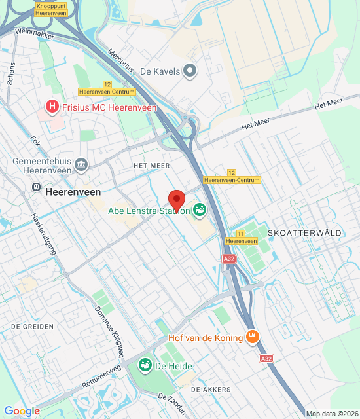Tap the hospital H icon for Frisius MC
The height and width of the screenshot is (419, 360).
coord(50,106)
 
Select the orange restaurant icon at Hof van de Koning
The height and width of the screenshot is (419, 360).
coord(253,337)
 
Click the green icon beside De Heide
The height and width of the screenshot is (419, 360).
coord(145,364)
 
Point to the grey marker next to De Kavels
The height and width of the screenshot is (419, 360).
coord(190,71)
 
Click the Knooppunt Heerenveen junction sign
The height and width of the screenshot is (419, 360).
coord(51,9)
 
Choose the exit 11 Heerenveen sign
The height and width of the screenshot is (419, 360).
coord(241,237)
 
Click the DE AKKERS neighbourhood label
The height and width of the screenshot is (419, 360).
coord(211,389)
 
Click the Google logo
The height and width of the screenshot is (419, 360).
coord(22,411)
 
